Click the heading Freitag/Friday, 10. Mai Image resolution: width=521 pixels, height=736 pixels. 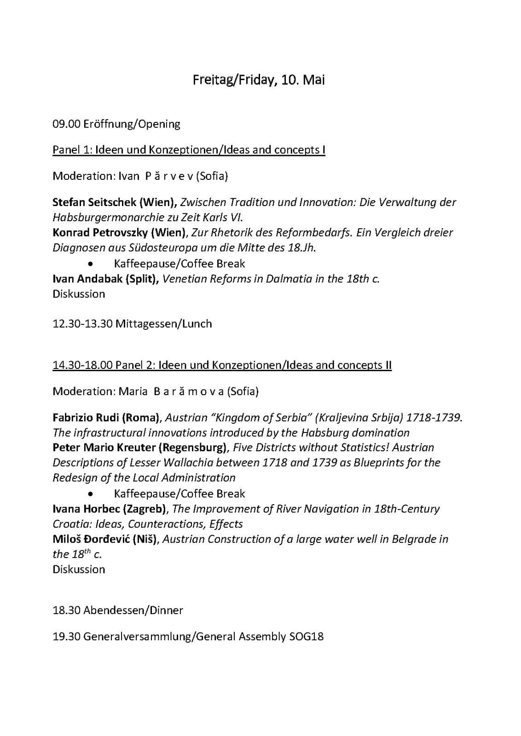coord(259,80)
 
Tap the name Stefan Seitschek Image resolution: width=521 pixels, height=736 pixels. coord(94,202)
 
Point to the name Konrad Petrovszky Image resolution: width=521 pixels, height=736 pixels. coord(100,232)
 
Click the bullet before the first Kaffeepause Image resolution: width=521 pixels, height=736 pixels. coord(93,264)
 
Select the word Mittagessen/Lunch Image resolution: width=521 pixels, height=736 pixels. coord(163,324)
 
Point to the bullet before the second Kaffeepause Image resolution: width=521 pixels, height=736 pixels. coord(93,494)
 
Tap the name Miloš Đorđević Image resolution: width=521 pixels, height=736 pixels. coord(91,539)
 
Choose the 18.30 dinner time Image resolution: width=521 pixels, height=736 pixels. coord(67,610)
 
